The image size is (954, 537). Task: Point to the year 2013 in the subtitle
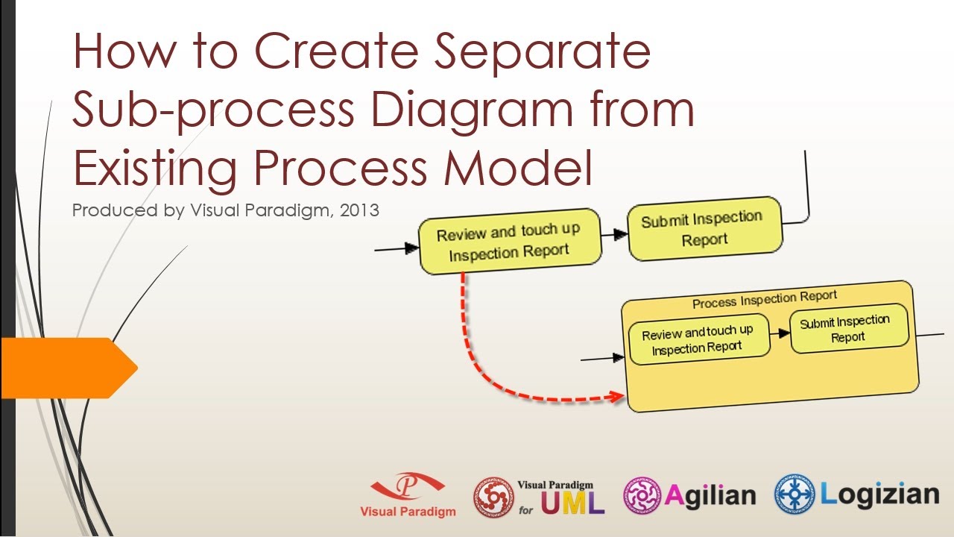point(359,211)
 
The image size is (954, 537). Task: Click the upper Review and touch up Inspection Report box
point(509,242)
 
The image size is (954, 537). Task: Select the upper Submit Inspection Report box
point(704,229)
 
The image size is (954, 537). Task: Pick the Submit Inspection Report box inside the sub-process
point(848,329)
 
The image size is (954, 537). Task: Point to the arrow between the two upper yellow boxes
point(615,234)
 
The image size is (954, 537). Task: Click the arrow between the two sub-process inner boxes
point(780,333)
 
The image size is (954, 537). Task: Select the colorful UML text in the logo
point(572,503)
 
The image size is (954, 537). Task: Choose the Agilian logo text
point(709,496)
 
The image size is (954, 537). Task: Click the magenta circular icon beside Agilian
point(642,496)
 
